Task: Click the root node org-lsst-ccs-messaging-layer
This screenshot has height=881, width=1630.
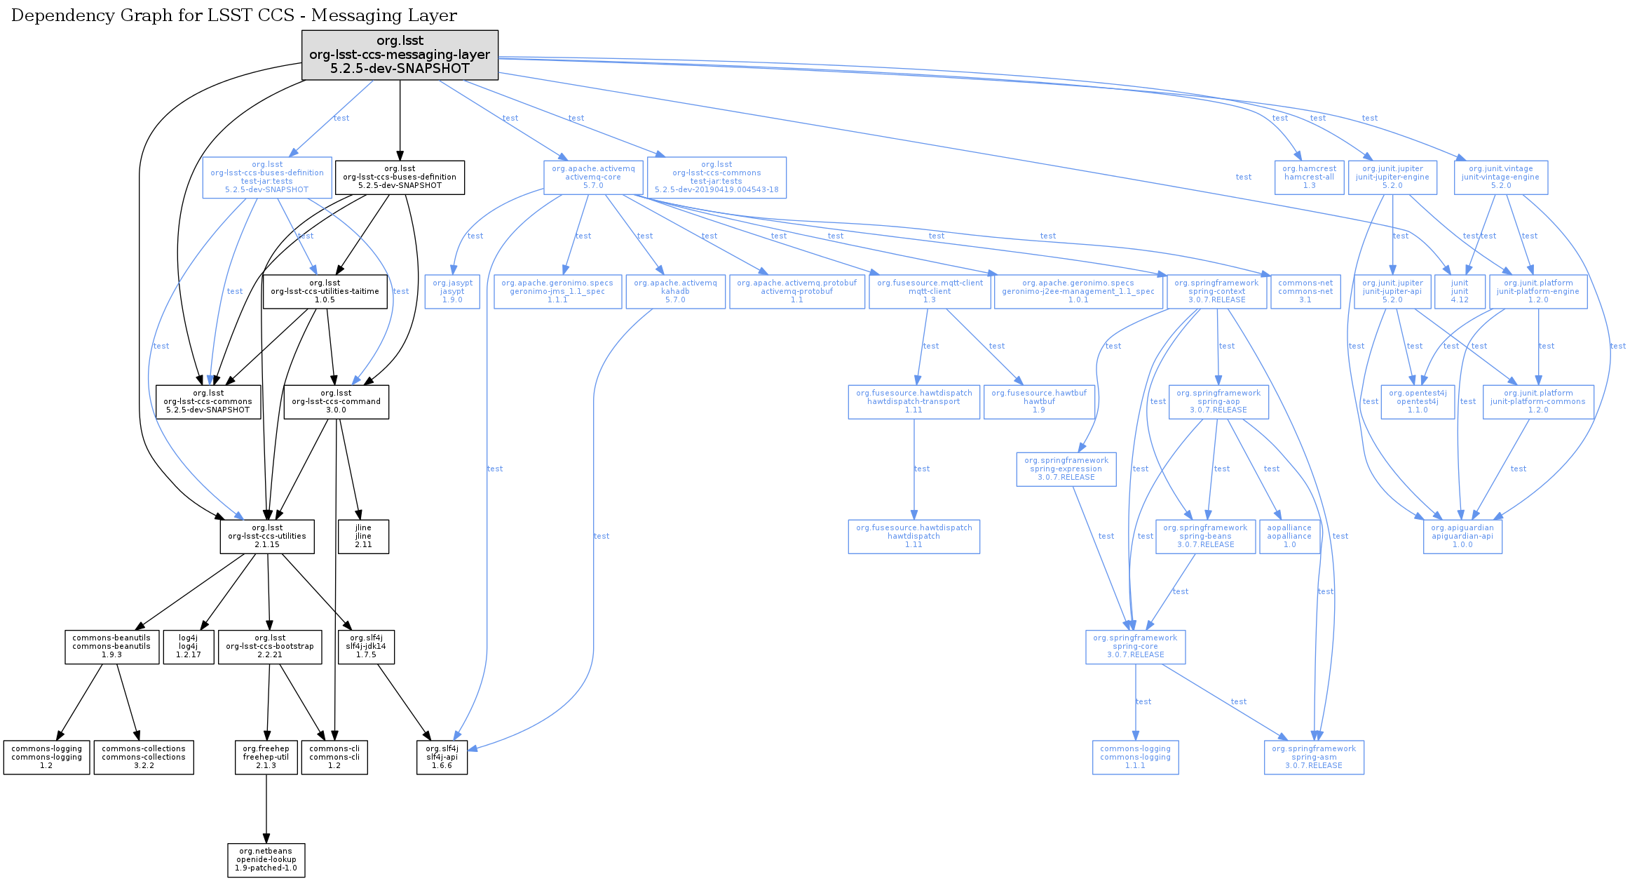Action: click(x=400, y=55)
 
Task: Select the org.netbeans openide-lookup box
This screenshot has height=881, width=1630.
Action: click(x=266, y=860)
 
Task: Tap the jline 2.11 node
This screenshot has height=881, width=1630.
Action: click(x=363, y=537)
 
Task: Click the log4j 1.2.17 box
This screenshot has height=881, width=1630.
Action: click(x=188, y=647)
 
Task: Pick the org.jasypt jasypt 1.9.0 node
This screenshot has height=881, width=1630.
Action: click(x=452, y=292)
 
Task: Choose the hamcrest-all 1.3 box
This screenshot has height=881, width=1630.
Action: click(x=1309, y=177)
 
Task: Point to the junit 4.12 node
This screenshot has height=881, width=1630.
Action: click(x=1460, y=292)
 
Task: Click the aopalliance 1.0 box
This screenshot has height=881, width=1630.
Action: click(x=1289, y=537)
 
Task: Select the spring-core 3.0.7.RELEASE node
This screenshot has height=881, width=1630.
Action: click(x=1135, y=647)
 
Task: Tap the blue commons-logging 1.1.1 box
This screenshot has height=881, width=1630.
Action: click(x=1135, y=758)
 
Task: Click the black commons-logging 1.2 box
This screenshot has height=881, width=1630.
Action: click(x=46, y=758)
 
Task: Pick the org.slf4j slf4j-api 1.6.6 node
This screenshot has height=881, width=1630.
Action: click(x=442, y=758)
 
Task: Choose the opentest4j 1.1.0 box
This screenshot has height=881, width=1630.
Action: click(x=1418, y=402)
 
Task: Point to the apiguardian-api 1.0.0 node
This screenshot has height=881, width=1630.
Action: click(x=1462, y=537)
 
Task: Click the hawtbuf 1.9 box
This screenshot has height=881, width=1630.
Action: click(x=1039, y=402)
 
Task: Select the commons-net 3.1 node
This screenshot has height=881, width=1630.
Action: click(x=1305, y=292)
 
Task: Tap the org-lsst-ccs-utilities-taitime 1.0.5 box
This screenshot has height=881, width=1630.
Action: click(x=325, y=292)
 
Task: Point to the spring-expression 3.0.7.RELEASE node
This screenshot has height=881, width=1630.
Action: click(x=1066, y=469)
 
